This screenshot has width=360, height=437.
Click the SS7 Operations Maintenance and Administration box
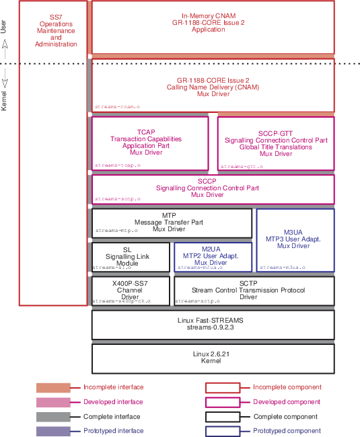[52, 153]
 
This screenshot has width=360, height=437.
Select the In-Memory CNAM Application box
[213, 28]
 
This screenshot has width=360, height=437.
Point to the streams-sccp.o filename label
[118, 199]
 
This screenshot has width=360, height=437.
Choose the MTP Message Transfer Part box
[172, 223]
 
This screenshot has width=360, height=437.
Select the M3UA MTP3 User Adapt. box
[295, 239]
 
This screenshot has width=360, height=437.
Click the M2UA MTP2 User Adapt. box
[213, 256]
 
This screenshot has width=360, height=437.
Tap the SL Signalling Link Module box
[131, 256]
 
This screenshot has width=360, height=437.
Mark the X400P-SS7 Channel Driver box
[131, 291]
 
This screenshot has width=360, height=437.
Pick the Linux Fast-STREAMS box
[213, 324]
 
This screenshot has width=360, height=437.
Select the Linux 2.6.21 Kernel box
[213, 358]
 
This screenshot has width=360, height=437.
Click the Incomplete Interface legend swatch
[53, 387]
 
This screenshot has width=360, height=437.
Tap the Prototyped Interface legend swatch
[53, 431]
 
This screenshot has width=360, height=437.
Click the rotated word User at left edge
[4, 26]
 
